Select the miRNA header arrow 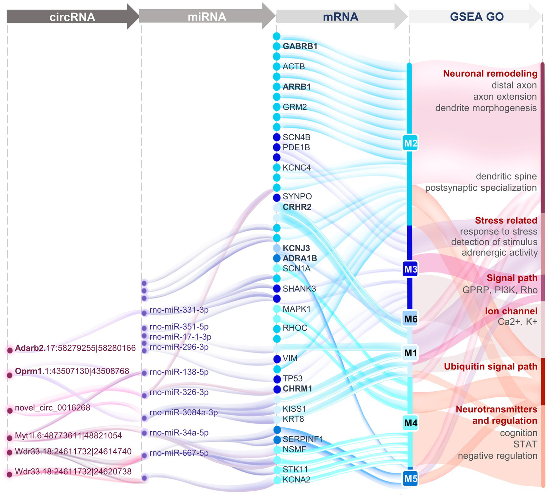pyautogui.click(x=207, y=16)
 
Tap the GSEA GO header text pyautogui.click(x=477, y=17)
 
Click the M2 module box pyautogui.click(x=411, y=143)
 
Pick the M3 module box pyautogui.click(x=411, y=269)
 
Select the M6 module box pyautogui.click(x=411, y=319)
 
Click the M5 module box pyautogui.click(x=411, y=478)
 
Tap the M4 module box pyautogui.click(x=411, y=423)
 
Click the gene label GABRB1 pyautogui.click(x=300, y=46)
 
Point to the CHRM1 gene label pyautogui.click(x=297, y=388)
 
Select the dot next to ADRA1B pyautogui.click(x=277, y=258)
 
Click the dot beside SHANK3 pyautogui.click(x=277, y=288)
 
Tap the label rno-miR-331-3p pyautogui.click(x=179, y=310)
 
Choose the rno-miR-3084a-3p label pyautogui.click(x=183, y=413)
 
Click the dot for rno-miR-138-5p pyautogui.click(x=144, y=373)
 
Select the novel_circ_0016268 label pyautogui.click(x=52, y=408)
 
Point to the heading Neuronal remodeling pyautogui.click(x=490, y=74)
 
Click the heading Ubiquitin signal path pyautogui.click(x=490, y=366)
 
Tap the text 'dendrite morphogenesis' pyautogui.click(x=486, y=108)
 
